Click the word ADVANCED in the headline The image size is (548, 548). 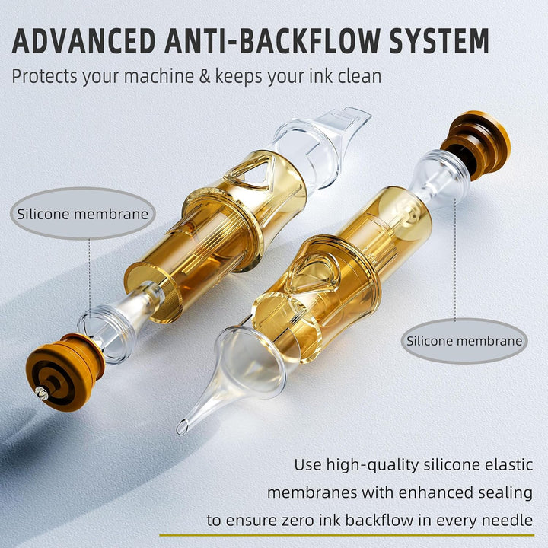pos(84,41)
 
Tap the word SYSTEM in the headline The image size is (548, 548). pos(439,41)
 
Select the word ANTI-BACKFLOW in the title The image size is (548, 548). pos(272,41)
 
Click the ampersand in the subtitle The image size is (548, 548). pos(205,76)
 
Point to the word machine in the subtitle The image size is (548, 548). pos(159,76)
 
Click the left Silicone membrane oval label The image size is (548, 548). pos(83,214)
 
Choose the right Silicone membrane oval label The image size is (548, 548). pos(464,341)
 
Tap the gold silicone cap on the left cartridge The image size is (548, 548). pos(65,372)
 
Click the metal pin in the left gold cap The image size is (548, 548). pos(42,393)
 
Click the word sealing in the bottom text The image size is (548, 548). pos(505,492)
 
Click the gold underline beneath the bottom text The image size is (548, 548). pos(347,535)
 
